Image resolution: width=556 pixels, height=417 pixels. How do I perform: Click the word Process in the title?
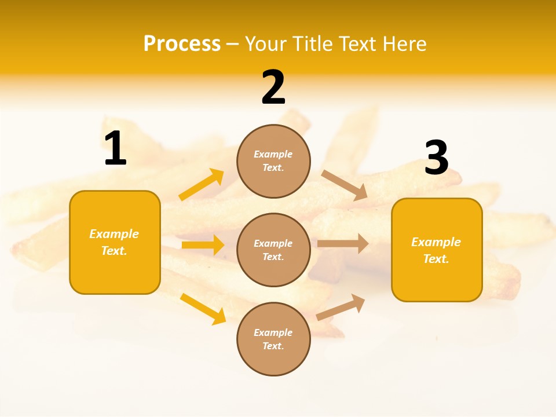pos(182,44)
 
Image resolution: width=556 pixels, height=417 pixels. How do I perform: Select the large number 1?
pos(115,149)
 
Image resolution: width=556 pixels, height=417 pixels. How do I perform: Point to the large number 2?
pos(273,87)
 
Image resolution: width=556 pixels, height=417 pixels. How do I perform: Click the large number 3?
pos(436,158)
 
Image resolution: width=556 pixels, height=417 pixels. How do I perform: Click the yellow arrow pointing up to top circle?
pos(202,185)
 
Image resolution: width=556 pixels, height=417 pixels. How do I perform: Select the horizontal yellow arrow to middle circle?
pos(203,245)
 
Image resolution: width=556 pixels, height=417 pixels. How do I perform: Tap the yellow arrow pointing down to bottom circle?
pos(203,308)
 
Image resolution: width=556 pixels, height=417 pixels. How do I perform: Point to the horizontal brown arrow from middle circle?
pos(343,243)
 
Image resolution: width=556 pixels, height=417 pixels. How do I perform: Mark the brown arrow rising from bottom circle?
pos(341,307)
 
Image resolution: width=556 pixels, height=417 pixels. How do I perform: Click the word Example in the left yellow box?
pos(114,234)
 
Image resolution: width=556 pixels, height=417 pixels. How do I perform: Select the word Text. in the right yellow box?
pos(436,259)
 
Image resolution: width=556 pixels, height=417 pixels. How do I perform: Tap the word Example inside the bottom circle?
pos(273,332)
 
